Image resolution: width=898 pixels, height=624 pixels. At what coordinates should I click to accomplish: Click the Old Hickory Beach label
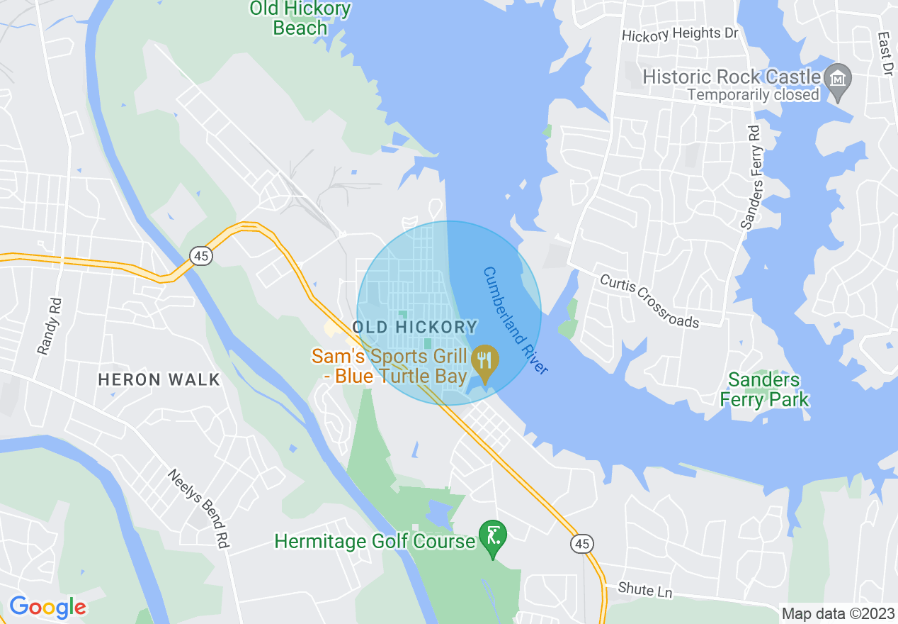(300, 18)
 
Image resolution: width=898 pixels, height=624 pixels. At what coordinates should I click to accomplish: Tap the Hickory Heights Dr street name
(679, 34)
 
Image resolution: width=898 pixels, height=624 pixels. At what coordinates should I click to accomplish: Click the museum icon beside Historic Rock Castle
(839, 79)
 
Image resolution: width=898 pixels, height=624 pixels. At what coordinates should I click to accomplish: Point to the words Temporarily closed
(753, 94)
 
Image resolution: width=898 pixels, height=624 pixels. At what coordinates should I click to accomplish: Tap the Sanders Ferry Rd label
(751, 178)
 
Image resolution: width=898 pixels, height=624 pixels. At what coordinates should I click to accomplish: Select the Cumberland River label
(516, 321)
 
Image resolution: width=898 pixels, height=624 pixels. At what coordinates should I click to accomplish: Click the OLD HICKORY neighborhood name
(415, 327)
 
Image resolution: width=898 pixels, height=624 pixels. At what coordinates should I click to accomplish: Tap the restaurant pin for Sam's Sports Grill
(485, 360)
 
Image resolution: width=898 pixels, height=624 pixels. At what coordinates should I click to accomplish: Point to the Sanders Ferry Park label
(764, 390)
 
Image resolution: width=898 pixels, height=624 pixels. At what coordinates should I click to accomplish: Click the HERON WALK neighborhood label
(159, 379)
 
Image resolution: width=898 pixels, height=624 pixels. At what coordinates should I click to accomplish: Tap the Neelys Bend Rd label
(200, 508)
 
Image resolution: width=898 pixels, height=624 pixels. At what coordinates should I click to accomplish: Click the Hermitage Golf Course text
(375, 542)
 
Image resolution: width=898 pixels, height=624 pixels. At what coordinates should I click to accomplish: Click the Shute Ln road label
(644, 589)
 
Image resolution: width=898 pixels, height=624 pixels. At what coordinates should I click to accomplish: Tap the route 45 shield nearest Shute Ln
(582, 544)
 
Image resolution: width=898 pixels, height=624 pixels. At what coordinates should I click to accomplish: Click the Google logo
(47, 607)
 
